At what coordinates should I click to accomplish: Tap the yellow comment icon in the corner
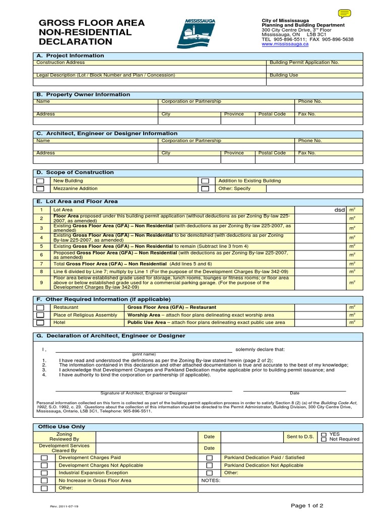click(345, 14)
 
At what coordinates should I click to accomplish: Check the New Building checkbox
click(41, 181)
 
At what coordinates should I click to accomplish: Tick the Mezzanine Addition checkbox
click(41, 189)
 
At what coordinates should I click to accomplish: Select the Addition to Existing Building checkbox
click(205, 181)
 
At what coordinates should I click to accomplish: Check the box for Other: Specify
click(205, 189)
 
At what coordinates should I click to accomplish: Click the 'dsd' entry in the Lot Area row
click(340, 210)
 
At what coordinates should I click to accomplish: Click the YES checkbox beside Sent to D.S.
click(324, 434)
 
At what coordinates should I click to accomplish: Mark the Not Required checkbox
click(324, 439)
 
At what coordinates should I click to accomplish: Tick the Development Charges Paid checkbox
click(44, 458)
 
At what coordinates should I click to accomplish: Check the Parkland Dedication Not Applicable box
click(209, 466)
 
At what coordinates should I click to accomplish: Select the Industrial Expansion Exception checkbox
click(44, 473)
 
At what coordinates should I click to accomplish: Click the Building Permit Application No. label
click(304, 62)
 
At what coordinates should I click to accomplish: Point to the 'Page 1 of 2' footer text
click(307, 505)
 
